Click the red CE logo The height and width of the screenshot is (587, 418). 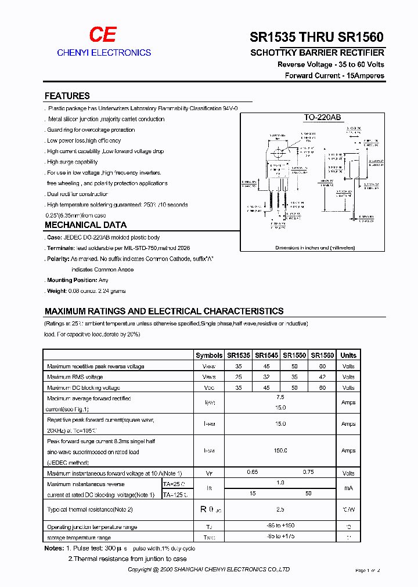coord(103,35)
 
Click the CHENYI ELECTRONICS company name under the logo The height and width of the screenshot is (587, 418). coord(104,53)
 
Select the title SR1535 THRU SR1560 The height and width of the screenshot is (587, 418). coord(316,38)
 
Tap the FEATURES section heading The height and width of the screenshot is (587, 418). coord(67,96)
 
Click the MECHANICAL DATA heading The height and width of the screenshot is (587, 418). coord(85,225)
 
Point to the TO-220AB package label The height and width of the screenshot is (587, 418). coord(322,117)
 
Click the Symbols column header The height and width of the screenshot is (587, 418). coord(209,356)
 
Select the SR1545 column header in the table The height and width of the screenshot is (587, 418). coord(266,356)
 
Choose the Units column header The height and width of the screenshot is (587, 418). coord(348,356)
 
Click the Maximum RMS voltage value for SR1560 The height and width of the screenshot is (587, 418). coord(322,377)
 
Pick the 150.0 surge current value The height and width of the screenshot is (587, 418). coord(280,451)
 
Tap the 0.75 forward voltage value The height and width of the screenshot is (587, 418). coord(308,473)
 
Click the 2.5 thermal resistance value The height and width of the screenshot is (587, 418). coord(280,509)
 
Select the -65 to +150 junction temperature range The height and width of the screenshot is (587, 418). coord(280,527)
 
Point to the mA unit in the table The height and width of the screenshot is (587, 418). coord(348,488)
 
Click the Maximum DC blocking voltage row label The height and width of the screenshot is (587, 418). coord(84,387)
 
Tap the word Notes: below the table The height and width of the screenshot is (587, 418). coord(53,548)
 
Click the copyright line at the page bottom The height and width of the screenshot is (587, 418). coord(209,570)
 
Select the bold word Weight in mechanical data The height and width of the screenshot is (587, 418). coord(57,291)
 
